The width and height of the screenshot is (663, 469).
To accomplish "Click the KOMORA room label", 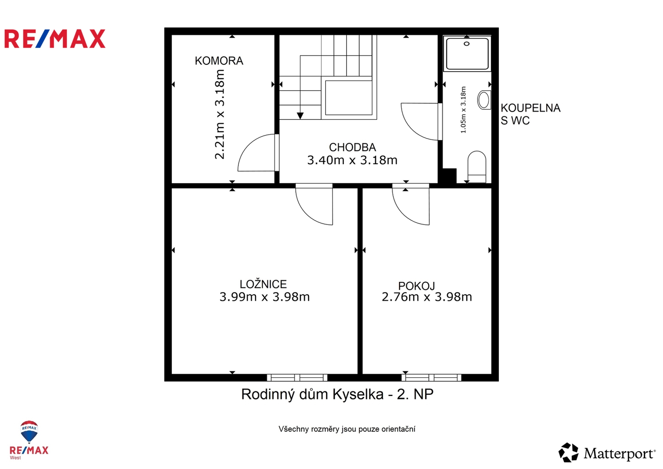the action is click(219, 61).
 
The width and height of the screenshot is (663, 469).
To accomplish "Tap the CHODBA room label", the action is click(352, 147).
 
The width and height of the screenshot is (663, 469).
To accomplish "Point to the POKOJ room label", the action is click(416, 286).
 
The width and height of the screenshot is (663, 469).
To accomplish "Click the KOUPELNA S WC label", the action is click(531, 114).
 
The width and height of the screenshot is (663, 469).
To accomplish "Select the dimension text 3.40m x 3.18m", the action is click(352, 160).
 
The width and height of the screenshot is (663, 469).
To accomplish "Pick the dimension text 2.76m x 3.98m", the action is click(426, 297).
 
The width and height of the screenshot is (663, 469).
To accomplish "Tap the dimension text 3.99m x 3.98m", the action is click(264, 297).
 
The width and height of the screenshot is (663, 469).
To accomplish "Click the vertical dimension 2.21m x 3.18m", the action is click(219, 114).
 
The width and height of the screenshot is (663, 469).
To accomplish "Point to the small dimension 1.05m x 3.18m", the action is click(463, 109).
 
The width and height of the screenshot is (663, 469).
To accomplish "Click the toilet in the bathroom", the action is click(477, 167).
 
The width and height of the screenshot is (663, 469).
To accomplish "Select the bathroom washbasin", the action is click(484, 100).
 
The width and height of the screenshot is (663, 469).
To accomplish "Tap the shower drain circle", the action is click(467, 44).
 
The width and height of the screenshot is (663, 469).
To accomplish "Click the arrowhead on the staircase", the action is click(300, 116).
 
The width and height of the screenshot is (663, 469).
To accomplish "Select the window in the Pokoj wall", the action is click(431, 377).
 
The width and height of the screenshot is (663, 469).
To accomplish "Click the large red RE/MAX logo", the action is click(55, 39).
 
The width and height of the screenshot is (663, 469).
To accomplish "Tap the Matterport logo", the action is click(607, 452).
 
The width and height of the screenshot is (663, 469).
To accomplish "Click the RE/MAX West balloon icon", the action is click(29, 431).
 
